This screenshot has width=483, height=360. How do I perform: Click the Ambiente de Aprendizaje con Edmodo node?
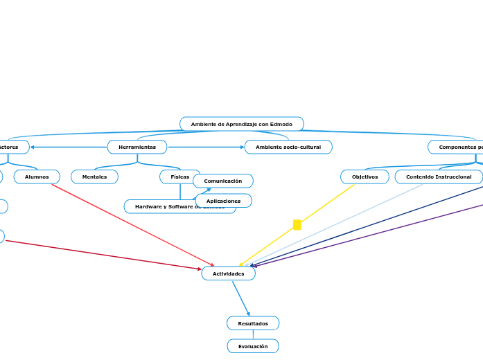pyautogui.click(x=241, y=124)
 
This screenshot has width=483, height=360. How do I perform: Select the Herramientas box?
pyautogui.click(x=137, y=147)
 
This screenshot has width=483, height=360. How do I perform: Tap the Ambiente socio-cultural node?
pyautogui.click(x=288, y=147)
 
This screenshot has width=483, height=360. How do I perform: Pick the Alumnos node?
pyautogui.click(x=37, y=177)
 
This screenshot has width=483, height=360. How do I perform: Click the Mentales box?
pyautogui.click(x=94, y=177)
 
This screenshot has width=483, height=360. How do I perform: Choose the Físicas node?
pyautogui.click(x=179, y=177)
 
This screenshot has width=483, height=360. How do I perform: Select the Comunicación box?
pyautogui.click(x=223, y=181)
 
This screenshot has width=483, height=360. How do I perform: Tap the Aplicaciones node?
pyautogui.click(x=223, y=201)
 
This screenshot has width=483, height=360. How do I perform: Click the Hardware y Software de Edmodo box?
pyautogui.click(x=159, y=206)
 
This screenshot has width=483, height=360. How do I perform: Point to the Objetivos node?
pyautogui.click(x=365, y=177)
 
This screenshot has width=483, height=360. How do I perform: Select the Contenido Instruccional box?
pyautogui.click(x=439, y=177)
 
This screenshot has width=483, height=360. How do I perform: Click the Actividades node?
pyautogui.click(x=228, y=273)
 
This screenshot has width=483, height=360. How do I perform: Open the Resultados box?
pyautogui.click(x=253, y=323)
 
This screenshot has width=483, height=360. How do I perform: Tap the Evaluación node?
pyautogui.click(x=253, y=346)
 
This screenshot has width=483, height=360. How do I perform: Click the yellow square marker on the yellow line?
pyautogui.click(x=297, y=224)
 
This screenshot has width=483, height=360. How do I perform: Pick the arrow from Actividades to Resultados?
pyautogui.click(x=240, y=298)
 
